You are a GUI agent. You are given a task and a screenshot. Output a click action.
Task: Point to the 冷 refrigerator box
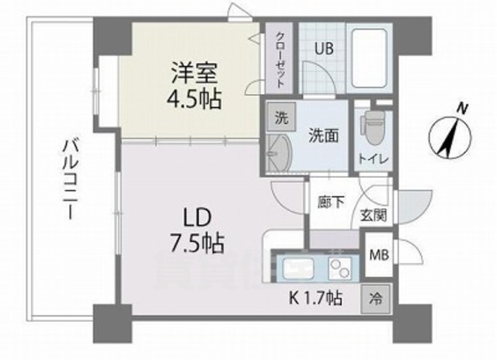point(377,297)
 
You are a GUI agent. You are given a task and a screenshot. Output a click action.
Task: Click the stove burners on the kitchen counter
point(339,268)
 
